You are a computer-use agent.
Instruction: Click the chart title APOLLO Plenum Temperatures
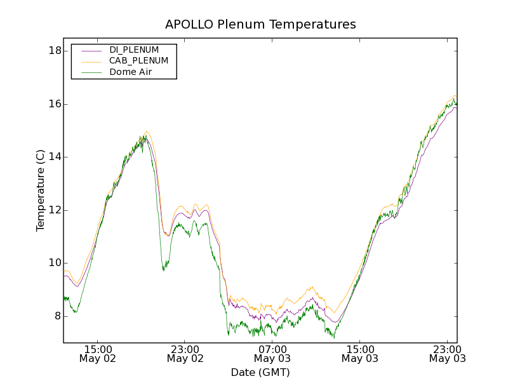click(260, 24)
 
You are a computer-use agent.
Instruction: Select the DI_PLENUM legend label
click(134, 50)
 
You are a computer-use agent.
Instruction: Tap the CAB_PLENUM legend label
click(138, 61)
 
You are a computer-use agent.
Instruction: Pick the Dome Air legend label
click(131, 72)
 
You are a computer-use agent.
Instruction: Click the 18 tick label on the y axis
click(55, 51)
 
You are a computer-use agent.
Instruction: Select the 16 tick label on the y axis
click(55, 104)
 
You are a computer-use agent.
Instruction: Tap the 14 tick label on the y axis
click(55, 157)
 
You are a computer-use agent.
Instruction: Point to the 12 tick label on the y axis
click(55, 210)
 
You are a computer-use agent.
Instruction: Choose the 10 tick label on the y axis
click(55, 263)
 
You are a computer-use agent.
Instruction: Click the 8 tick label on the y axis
click(57, 316)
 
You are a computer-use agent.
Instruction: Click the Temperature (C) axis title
click(41, 190)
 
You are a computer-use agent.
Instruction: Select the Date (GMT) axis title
click(260, 372)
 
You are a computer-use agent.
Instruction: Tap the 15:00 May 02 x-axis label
click(98, 354)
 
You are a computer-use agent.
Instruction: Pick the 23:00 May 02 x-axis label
click(185, 354)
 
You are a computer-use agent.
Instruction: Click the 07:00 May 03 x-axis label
click(272, 354)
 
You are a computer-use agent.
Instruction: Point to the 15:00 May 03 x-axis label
click(360, 354)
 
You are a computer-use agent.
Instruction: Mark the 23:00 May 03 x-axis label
click(447, 354)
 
